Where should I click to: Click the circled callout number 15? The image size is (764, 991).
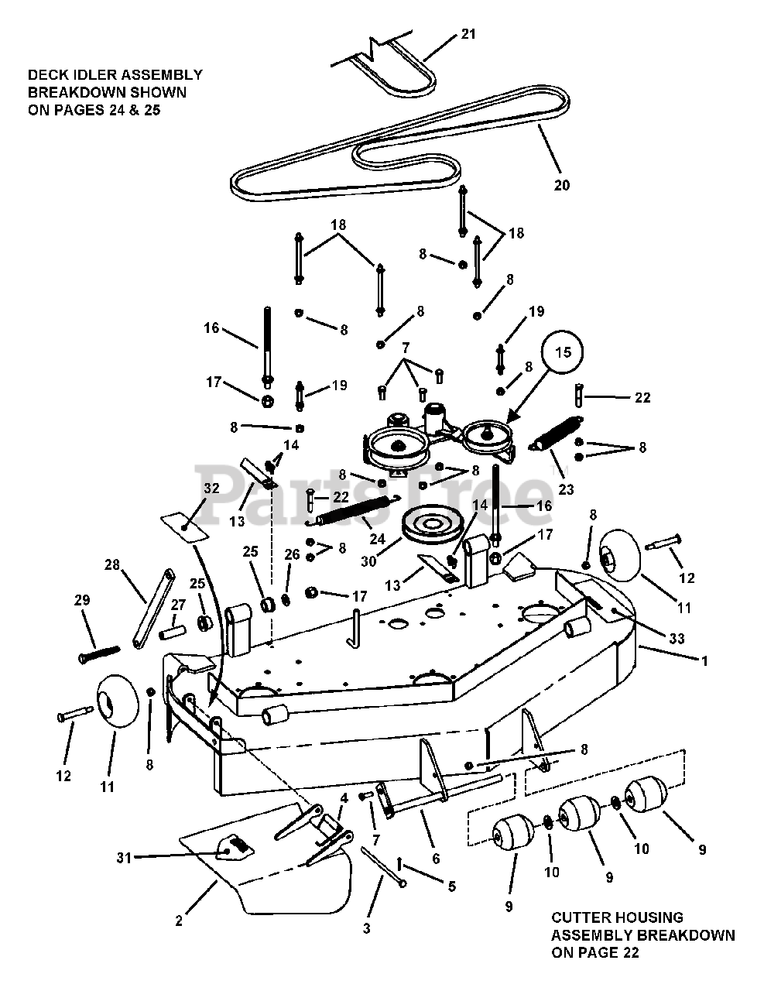tap(564, 352)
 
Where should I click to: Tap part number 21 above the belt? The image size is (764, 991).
tap(469, 34)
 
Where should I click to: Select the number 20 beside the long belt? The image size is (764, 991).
tap(562, 185)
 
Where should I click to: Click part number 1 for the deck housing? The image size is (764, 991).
tap(704, 661)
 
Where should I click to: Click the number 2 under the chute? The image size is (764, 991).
tap(179, 921)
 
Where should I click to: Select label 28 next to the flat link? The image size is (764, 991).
tap(112, 564)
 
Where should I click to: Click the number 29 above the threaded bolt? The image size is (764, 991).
tap(82, 600)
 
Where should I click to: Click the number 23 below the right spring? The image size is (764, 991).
tap(567, 489)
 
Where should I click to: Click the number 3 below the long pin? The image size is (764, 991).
tap(367, 928)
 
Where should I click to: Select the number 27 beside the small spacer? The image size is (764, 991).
tap(178, 605)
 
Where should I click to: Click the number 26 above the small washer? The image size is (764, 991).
tap(292, 554)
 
